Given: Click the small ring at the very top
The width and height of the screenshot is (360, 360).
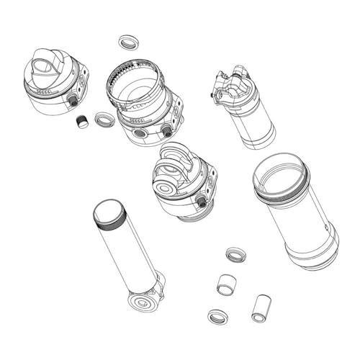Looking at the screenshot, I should pyautogui.click(x=129, y=42).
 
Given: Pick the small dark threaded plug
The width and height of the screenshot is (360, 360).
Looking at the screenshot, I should pyautogui.click(x=82, y=122).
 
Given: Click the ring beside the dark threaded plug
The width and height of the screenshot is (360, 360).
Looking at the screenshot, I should pyautogui.click(x=104, y=119).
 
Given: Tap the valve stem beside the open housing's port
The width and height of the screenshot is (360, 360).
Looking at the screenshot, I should pyautogui.click(x=167, y=130).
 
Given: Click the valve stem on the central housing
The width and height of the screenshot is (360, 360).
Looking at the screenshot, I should pyautogui.click(x=202, y=204).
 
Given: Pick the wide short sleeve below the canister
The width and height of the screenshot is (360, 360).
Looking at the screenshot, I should pyautogui.click(x=228, y=284).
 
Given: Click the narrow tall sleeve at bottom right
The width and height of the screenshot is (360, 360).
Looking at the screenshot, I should pyautogui.click(x=259, y=307).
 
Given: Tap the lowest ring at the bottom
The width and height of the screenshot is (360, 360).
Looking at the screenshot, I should pyautogui.click(x=217, y=316).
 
